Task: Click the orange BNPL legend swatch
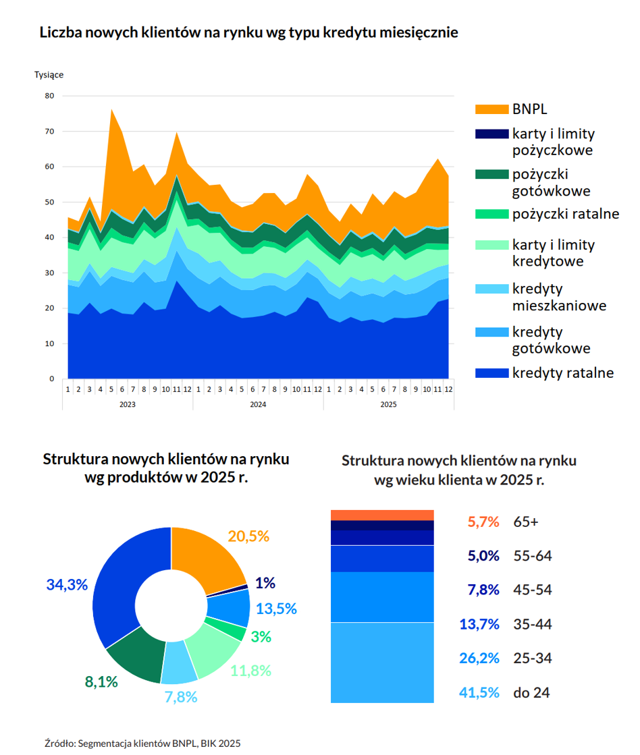point(491,109)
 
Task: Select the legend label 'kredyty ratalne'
point(563,372)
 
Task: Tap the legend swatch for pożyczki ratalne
point(491,214)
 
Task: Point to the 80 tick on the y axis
point(50,96)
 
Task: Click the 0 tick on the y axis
point(52,379)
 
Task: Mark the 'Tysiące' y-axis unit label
point(49,75)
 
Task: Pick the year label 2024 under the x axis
point(258,404)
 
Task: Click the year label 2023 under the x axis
point(127,404)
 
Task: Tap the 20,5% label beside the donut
point(248,536)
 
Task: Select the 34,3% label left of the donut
point(67,584)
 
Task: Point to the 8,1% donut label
point(101,682)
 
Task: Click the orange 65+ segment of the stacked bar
point(382,515)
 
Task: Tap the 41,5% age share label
point(479,692)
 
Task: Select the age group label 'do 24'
point(531,692)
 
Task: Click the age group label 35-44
point(533,624)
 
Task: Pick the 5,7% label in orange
point(483,522)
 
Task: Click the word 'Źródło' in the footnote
point(59,744)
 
